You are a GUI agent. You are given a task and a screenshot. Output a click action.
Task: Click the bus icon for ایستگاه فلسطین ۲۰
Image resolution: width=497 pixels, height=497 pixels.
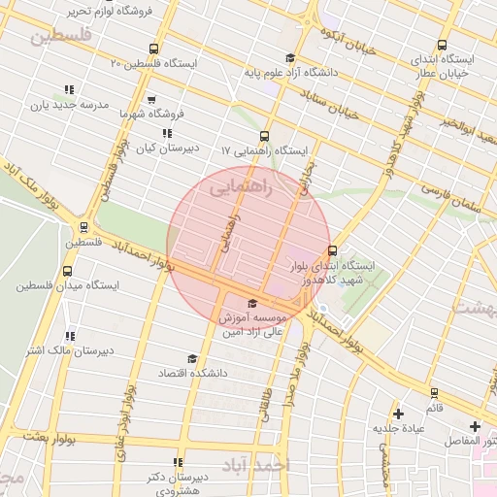click(153, 50)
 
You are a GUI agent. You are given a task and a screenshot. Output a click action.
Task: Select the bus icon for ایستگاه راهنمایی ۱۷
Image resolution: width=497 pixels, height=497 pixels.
click(265, 137)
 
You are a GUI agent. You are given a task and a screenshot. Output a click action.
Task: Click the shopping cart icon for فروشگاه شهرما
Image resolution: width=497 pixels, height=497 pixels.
click(151, 99)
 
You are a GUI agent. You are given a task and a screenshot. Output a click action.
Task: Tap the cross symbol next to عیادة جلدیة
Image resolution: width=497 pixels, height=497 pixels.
click(398, 414)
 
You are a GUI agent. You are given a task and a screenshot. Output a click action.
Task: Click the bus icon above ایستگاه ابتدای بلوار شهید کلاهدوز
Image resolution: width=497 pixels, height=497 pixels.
click(333, 249)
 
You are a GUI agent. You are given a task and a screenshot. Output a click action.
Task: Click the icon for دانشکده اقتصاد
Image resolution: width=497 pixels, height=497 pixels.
click(191, 359)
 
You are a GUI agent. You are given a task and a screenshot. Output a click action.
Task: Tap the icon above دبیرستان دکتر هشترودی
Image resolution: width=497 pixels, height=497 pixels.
click(177, 462)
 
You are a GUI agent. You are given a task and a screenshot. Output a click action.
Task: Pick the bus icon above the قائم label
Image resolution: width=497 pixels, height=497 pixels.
click(434, 393)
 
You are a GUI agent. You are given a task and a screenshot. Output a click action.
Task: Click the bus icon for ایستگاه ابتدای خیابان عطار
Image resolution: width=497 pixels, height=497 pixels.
click(443, 45)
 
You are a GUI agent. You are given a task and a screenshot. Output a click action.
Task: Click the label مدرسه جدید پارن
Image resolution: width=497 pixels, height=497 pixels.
click(66, 105)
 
